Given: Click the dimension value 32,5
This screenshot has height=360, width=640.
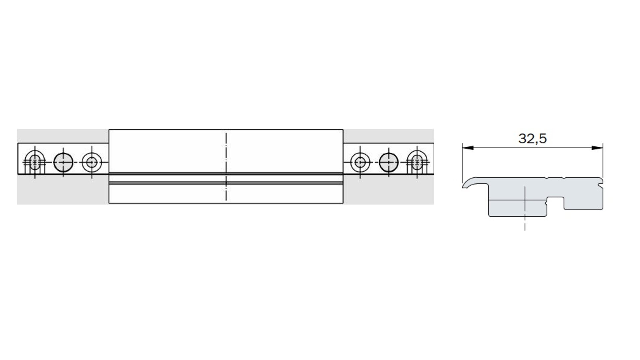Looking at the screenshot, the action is click(532, 138).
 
